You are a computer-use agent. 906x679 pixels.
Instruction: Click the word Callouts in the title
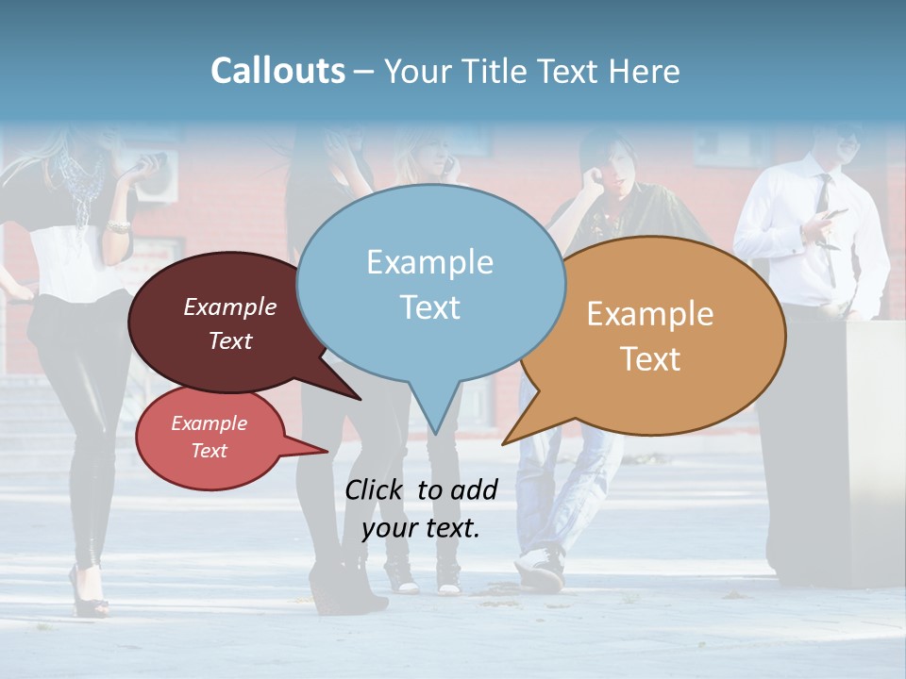click(x=277, y=72)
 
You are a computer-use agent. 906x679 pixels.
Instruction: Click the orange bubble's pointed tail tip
click(x=504, y=442)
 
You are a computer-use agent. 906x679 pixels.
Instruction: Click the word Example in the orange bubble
click(x=650, y=314)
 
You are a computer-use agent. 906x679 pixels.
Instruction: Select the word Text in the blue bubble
click(x=430, y=307)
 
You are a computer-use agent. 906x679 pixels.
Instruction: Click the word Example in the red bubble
click(x=210, y=423)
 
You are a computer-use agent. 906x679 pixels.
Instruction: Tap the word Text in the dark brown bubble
click(x=230, y=341)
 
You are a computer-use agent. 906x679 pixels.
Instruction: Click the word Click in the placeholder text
click(x=375, y=489)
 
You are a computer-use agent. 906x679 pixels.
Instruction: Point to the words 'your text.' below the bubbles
click(x=421, y=528)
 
